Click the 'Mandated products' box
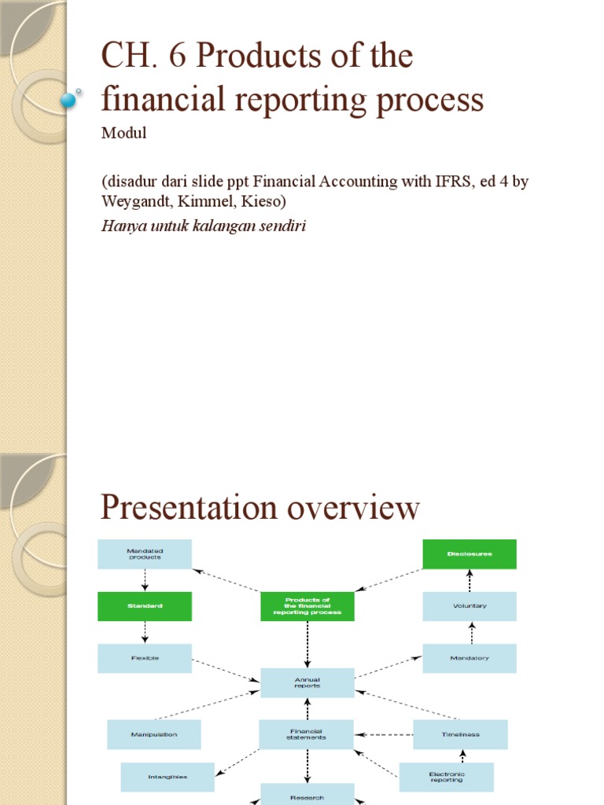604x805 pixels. pyautogui.click(x=144, y=553)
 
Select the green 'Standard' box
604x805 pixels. pyautogui.click(x=144, y=606)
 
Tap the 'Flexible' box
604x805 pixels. pyautogui.click(x=144, y=658)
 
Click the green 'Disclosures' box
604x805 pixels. pyautogui.click(x=470, y=553)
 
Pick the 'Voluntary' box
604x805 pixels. pyautogui.click(x=470, y=606)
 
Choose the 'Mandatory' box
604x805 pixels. pyautogui.click(x=470, y=658)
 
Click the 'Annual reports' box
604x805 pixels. pyautogui.click(x=307, y=682)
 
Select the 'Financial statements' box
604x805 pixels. pyautogui.click(x=307, y=734)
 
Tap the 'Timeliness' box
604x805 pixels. pyautogui.click(x=460, y=734)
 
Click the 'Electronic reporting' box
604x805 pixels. pyautogui.click(x=446, y=777)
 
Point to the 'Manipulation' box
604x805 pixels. pyautogui.click(x=154, y=734)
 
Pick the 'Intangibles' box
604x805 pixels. pyautogui.click(x=167, y=777)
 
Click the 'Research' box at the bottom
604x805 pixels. pyautogui.click(x=307, y=796)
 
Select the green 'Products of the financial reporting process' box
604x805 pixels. pyautogui.click(x=307, y=606)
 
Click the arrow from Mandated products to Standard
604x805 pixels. pyautogui.click(x=145, y=580)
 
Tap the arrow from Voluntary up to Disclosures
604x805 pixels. pyautogui.click(x=470, y=580)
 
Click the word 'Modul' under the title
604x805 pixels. pyautogui.click(x=123, y=134)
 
